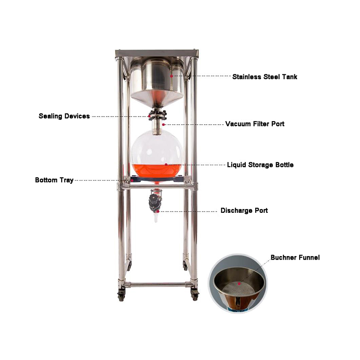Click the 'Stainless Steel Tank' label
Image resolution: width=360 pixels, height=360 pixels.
coord(265,76)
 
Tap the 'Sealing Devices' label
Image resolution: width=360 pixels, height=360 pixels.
coord(64,116)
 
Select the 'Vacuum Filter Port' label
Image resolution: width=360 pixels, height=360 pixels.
coord(255,124)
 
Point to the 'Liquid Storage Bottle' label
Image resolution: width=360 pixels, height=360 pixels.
coord(260,165)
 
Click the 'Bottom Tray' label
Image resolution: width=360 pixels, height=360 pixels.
coord(54,180)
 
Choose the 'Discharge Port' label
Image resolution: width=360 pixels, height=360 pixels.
coord(244,211)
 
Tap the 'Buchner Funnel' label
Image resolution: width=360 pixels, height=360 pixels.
coord(295,258)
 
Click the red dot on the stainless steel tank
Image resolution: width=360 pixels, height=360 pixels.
coord(171,76)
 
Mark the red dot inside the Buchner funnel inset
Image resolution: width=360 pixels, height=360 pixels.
coord(239,284)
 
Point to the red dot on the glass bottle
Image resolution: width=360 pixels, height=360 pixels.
coord(166,165)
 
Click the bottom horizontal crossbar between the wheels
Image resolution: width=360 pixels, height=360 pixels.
coord(157,284)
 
